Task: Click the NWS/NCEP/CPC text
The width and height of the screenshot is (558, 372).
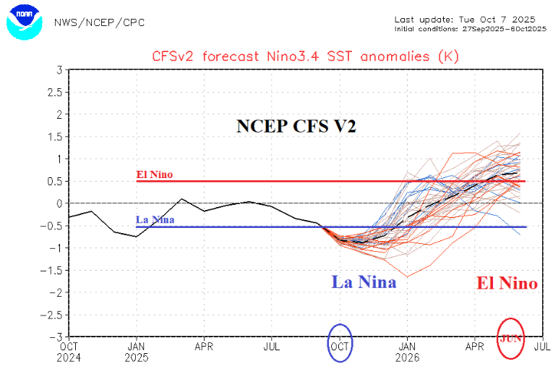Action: coord(100,22)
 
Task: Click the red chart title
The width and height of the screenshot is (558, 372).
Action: coord(305,56)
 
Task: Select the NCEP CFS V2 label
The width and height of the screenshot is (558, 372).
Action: coord(297,126)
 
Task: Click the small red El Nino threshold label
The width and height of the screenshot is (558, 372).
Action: coord(154,174)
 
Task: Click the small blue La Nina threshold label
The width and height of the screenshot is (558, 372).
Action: coord(155,220)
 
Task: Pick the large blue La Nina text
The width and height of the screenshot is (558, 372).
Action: coord(364,282)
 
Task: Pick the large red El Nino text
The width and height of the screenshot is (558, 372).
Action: coord(506,283)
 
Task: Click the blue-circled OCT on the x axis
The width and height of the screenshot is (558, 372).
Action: coord(340,346)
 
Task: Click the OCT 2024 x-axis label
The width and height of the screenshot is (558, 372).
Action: coord(69,351)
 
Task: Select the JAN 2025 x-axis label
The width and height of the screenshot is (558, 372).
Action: coord(137,351)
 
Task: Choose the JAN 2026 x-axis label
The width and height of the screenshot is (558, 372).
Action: coord(408,351)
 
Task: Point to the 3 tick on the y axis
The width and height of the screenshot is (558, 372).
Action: coord(59,69)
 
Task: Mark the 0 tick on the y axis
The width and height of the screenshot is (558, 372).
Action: coord(59,203)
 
